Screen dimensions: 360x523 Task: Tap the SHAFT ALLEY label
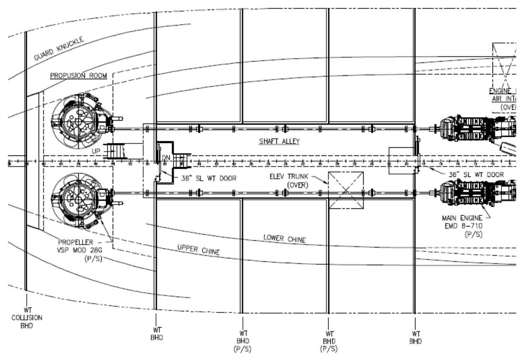[x=279, y=141]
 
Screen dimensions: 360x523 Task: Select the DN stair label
[x=166, y=158]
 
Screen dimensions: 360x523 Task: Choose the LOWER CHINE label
[x=284, y=238]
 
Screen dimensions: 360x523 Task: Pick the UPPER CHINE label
[x=199, y=249]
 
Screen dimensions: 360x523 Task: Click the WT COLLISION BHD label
[x=28, y=317]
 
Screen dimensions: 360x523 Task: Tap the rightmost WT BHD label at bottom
[x=415, y=338]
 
